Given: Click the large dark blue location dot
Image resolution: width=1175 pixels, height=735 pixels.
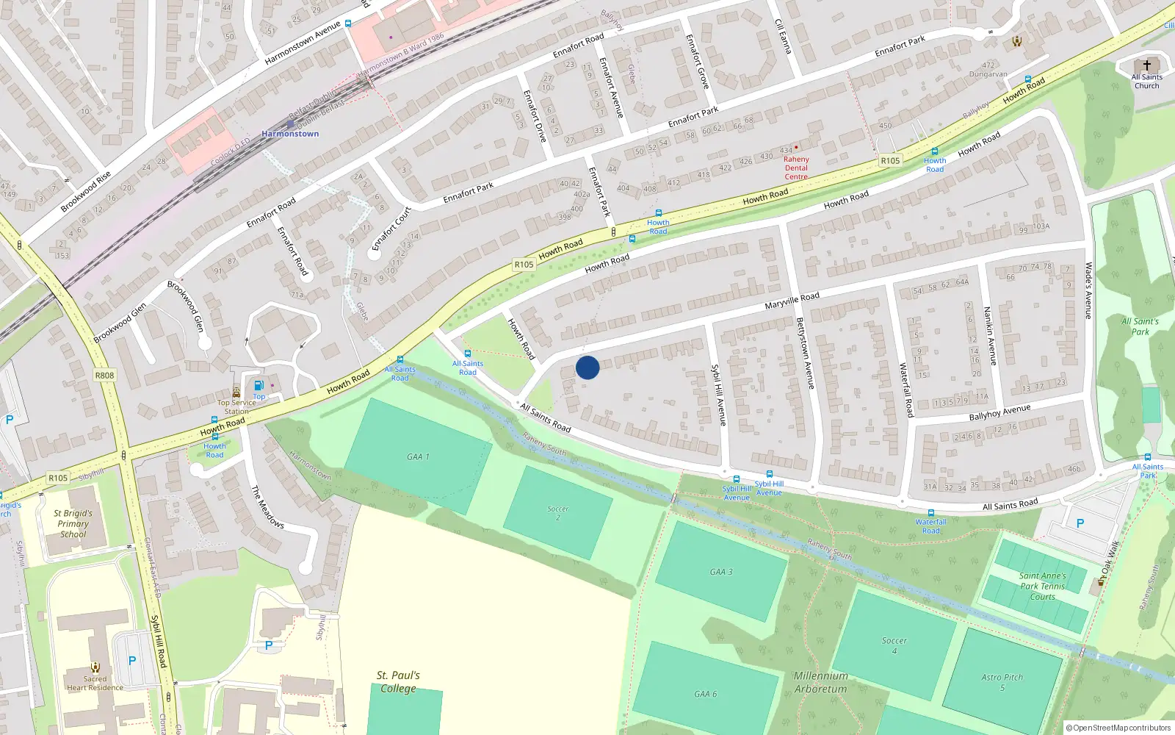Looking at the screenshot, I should click(x=587, y=367).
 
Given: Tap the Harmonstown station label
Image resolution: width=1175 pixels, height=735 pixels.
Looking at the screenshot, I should click(x=290, y=134).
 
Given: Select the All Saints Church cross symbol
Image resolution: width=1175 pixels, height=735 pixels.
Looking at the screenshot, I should click(x=1146, y=65).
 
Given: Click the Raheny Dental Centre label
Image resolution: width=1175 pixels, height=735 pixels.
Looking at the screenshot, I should click(x=796, y=168).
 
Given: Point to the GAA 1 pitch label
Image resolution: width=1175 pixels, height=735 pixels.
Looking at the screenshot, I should click(x=418, y=456).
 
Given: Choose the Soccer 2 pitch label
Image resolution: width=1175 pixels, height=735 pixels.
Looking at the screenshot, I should click(x=558, y=513).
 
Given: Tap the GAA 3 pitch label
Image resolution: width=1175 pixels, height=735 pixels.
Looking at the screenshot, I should click(x=721, y=572).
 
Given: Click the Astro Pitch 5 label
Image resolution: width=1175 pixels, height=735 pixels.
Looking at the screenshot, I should click(x=1002, y=682).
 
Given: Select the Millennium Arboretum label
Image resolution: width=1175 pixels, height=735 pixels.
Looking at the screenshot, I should click(x=820, y=682).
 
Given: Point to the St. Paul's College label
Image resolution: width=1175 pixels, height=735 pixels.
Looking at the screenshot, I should click(x=398, y=681).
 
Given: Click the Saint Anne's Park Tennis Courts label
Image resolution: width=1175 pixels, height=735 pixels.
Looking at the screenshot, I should click(x=1042, y=586).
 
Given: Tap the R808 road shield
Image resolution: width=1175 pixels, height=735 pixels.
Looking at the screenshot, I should click(x=104, y=376).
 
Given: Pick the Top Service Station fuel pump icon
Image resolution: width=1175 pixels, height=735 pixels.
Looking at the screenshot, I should click(x=258, y=386).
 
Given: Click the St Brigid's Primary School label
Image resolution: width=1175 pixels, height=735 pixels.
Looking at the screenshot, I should click(x=73, y=523).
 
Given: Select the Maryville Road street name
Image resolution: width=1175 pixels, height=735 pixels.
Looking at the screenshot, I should click(x=792, y=301).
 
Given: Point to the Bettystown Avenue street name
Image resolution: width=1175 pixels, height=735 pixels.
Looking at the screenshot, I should click(x=806, y=353).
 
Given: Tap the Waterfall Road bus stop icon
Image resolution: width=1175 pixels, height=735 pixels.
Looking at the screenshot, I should click(x=930, y=513).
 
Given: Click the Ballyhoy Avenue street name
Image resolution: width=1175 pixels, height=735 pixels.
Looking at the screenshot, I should click(x=999, y=413).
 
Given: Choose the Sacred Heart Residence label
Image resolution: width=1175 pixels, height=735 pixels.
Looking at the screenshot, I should click(x=95, y=683).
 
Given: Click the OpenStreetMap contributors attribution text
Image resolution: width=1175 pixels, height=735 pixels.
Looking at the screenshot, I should click(x=1118, y=728).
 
